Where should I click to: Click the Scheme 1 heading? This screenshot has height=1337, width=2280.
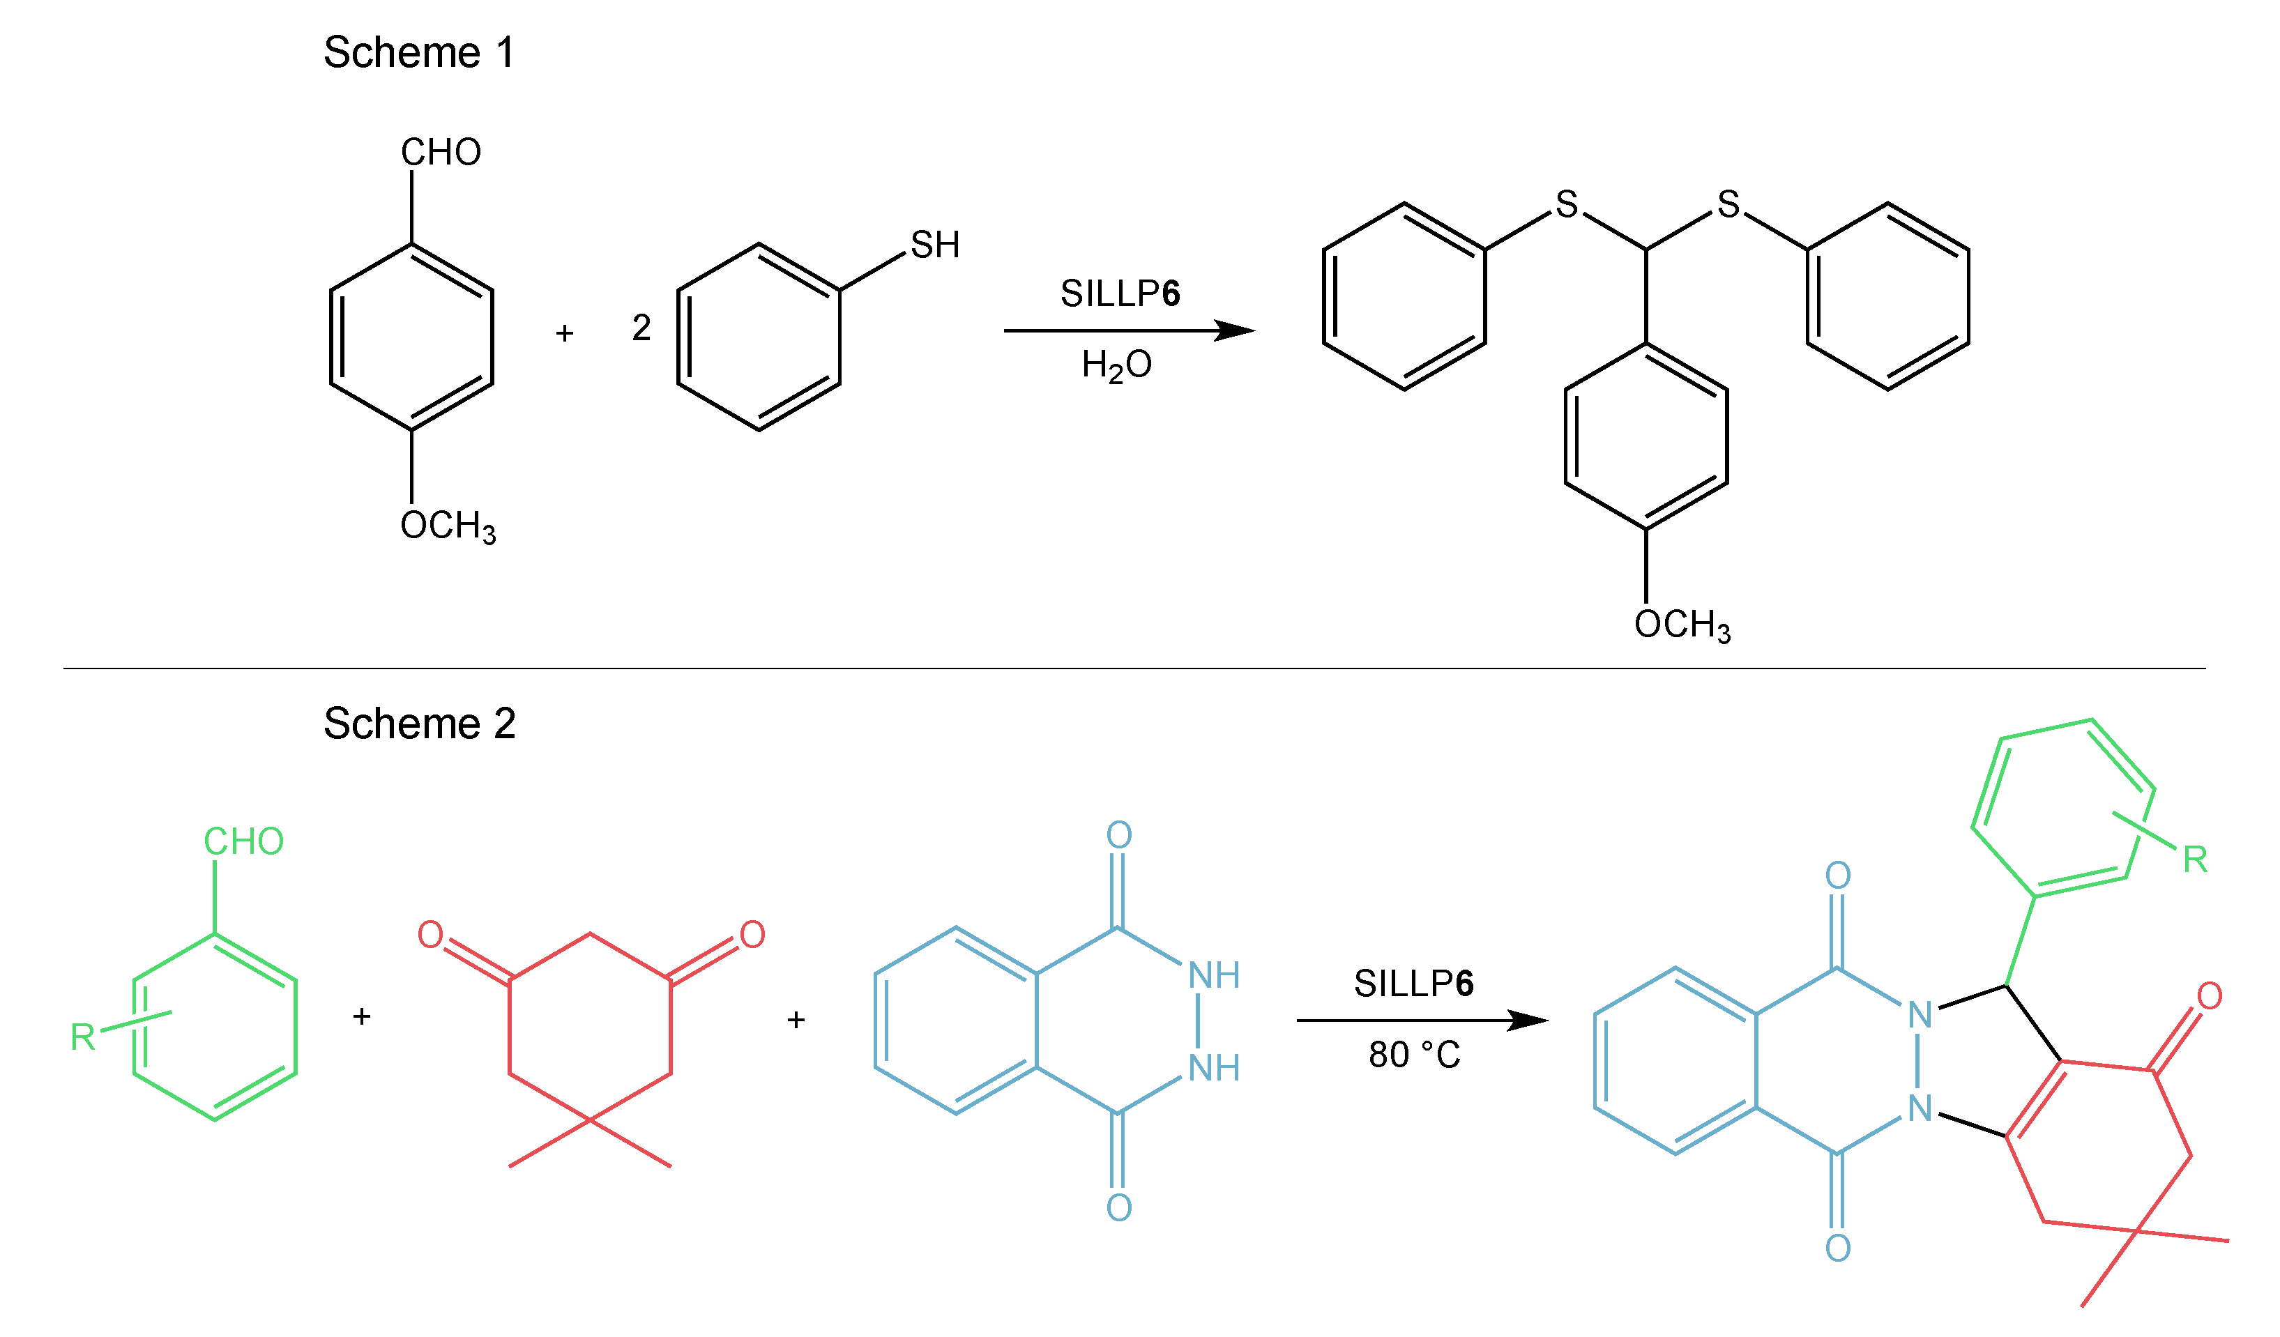pos(419,52)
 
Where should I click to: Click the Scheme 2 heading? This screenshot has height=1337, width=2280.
pos(419,724)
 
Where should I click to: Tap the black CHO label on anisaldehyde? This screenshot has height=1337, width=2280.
pos(441,152)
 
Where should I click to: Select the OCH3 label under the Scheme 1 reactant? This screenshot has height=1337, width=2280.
pos(448,526)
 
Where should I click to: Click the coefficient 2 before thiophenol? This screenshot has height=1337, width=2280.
pos(641,328)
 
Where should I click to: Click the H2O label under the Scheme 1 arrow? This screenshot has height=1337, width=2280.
pos(1116,365)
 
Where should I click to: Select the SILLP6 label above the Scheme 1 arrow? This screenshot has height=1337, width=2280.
pos(1120,294)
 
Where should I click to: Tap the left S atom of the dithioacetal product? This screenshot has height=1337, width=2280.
pos(1566,204)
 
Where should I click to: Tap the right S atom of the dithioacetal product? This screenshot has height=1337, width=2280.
pos(1728,204)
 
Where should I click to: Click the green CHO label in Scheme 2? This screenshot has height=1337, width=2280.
pos(243,842)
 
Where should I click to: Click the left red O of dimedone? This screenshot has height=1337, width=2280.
pos(431,935)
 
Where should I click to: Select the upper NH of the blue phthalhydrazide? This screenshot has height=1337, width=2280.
pos(1213,976)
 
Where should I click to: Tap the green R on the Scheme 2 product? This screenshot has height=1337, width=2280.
pos(2196,860)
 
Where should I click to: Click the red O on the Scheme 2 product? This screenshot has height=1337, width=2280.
pos(2210,997)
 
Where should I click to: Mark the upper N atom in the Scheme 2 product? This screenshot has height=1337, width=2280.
pos(1919,1016)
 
